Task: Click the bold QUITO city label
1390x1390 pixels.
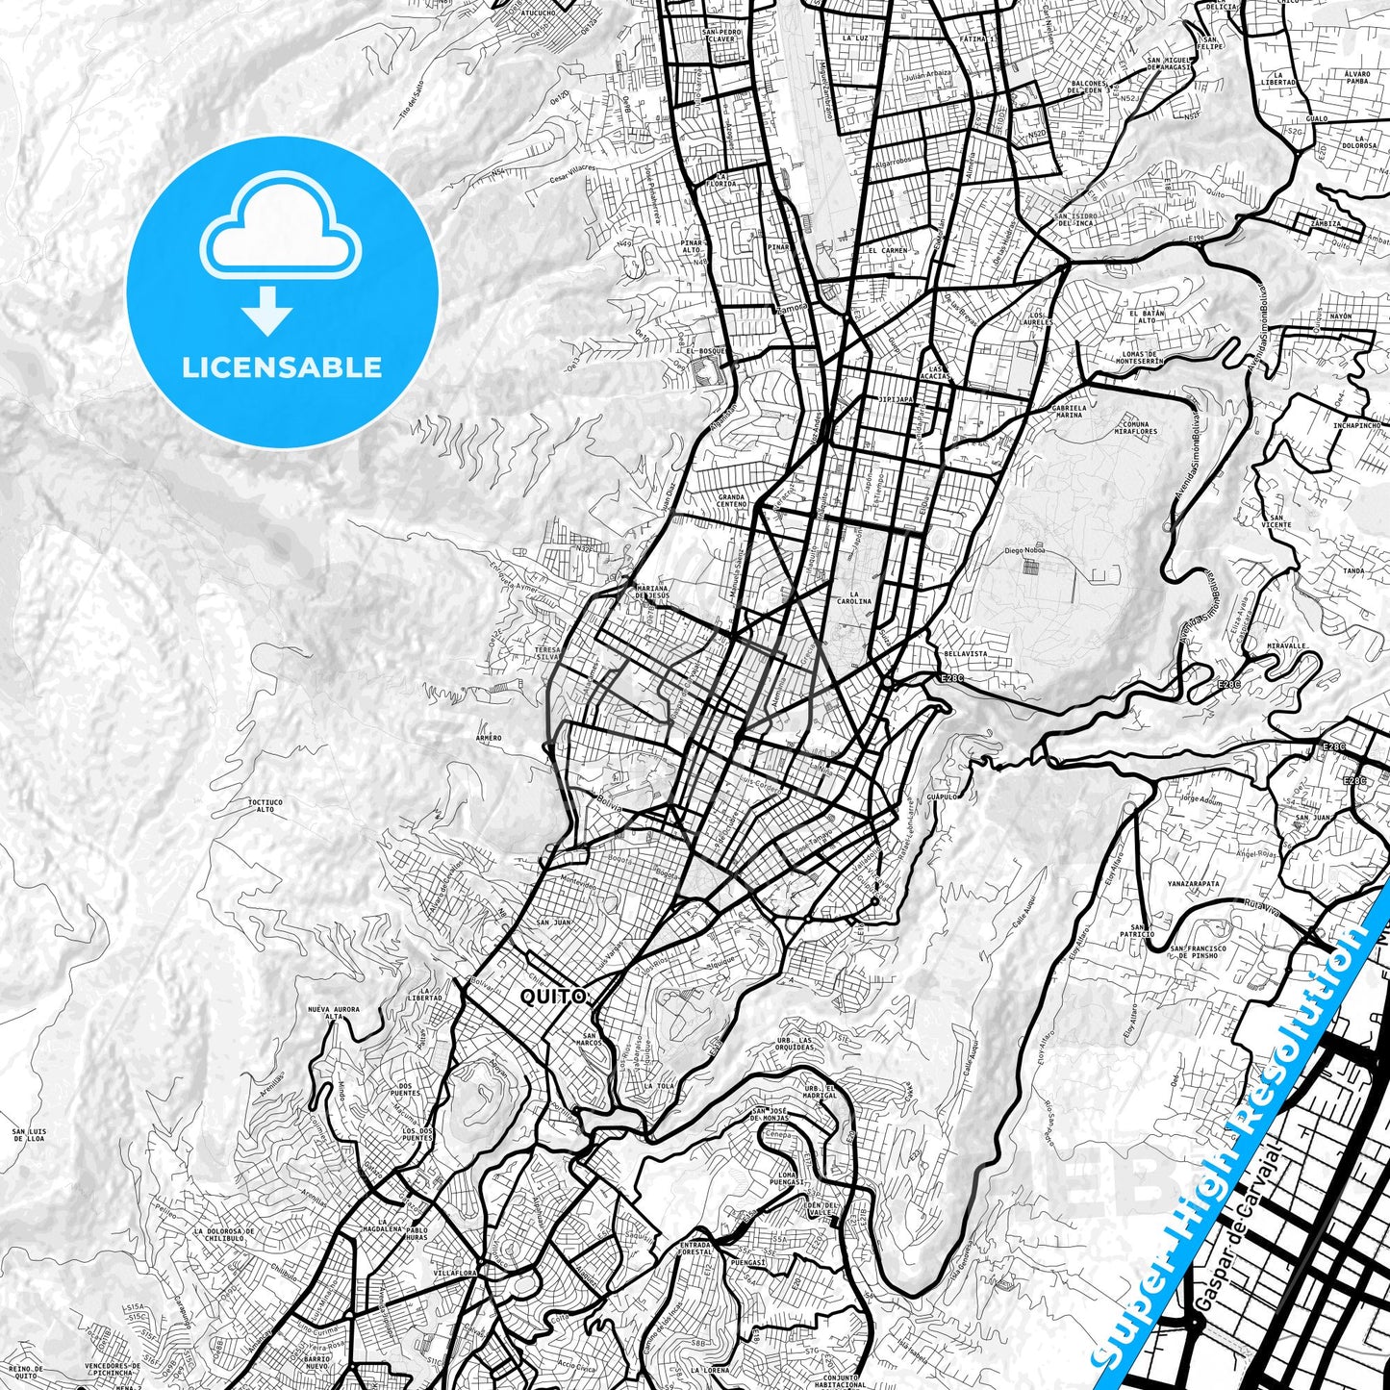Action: pos(552,998)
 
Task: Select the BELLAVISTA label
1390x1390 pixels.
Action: pos(965,654)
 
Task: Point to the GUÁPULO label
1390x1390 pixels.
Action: pos(943,796)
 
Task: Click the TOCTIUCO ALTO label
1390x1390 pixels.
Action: pos(265,805)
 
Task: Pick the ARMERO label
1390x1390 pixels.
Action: pos(489,738)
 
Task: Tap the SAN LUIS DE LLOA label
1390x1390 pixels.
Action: pos(28,1134)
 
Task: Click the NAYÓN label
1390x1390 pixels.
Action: pos(1340,316)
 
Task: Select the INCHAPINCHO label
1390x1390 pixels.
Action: pos(1356,424)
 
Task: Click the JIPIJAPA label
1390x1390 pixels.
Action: pos(896,398)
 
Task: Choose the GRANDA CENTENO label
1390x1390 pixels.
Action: pos(731,500)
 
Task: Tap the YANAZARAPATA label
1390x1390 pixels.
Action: pos(1193,882)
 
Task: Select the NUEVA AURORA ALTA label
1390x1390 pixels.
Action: pos(333,1012)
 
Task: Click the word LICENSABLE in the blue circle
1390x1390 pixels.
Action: pos(282,366)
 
